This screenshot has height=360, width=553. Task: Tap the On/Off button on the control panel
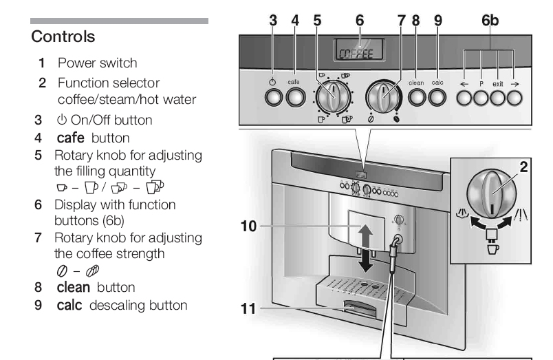[x=274, y=98]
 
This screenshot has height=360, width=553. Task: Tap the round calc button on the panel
[x=437, y=98]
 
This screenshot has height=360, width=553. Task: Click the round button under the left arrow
[x=464, y=98]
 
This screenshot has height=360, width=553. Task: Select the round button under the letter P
[x=481, y=98]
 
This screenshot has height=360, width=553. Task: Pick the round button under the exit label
[x=498, y=98]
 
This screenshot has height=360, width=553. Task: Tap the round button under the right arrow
[x=515, y=98]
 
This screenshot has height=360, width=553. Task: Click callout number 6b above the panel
[x=490, y=21]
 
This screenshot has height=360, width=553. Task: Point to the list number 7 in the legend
[x=39, y=238]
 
